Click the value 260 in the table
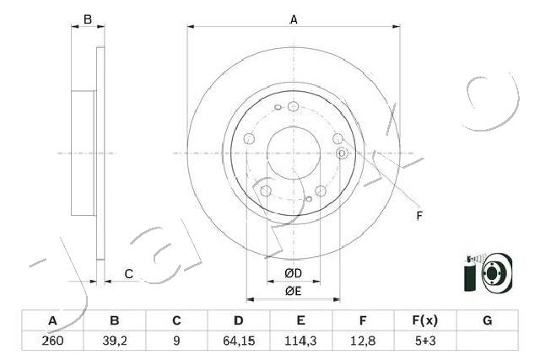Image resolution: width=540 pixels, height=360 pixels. (x=52, y=341)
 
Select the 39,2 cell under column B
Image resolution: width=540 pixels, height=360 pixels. (x=115, y=341)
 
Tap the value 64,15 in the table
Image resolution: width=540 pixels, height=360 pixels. (x=239, y=341)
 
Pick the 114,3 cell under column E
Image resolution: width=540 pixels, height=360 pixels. (x=300, y=341)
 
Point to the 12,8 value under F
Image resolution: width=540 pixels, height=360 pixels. (x=363, y=341)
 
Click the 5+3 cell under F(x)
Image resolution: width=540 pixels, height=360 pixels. (x=425, y=341)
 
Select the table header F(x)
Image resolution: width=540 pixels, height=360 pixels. (x=425, y=320)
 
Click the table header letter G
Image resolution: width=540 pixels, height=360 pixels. (x=488, y=320)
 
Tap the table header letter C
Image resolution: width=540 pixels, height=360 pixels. (x=176, y=320)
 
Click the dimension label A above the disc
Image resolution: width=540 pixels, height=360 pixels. (x=294, y=19)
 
